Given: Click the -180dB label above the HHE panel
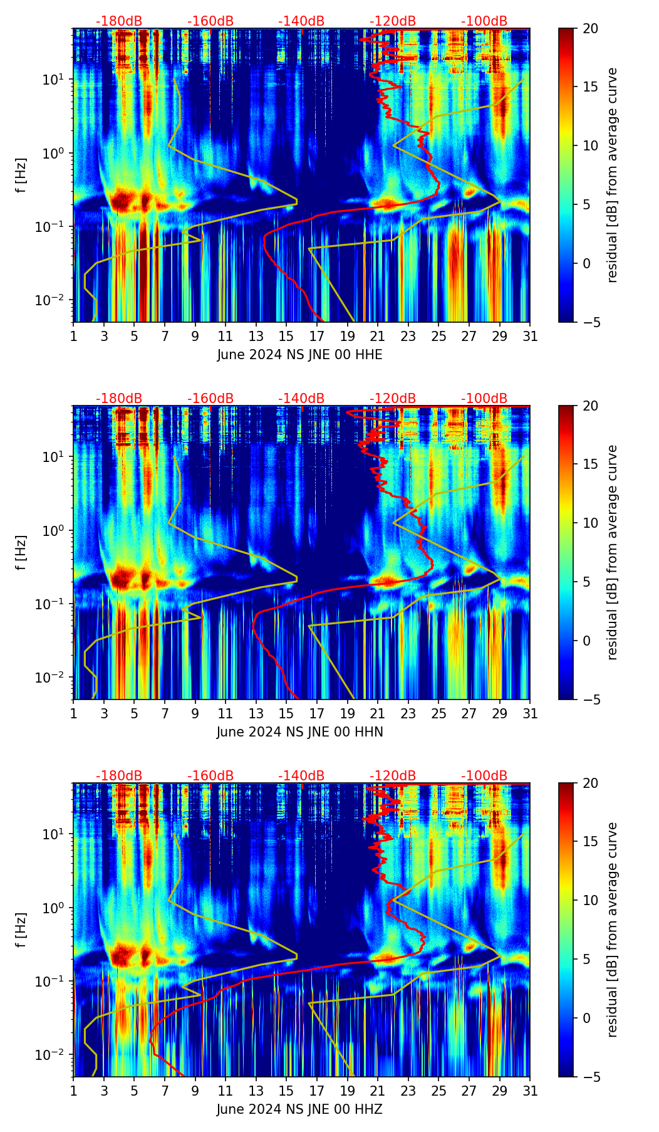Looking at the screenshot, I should tap(119, 21).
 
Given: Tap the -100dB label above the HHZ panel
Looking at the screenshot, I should tap(484, 776).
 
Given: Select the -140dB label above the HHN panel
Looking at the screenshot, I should tap(301, 399).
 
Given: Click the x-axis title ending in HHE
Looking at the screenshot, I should tap(299, 355).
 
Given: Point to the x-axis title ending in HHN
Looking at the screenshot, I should tap(299, 732).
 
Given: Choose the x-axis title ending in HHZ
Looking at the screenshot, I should tap(299, 1109).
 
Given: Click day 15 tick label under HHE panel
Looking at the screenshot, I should tap(286, 337).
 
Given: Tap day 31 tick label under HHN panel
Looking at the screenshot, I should tap(530, 714).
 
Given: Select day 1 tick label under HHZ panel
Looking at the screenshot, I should tap(74, 1091).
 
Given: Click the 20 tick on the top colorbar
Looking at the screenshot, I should tap(589, 29).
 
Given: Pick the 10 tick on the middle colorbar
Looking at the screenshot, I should tap(589, 523).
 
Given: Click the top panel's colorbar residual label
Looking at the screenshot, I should tap(612, 176).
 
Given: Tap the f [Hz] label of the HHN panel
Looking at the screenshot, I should tap(21, 552).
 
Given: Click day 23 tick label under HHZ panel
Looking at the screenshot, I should tap(408, 1091).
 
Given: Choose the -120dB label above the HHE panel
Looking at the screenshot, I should tap(393, 21).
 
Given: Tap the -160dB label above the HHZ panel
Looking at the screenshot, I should tap(210, 776).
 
